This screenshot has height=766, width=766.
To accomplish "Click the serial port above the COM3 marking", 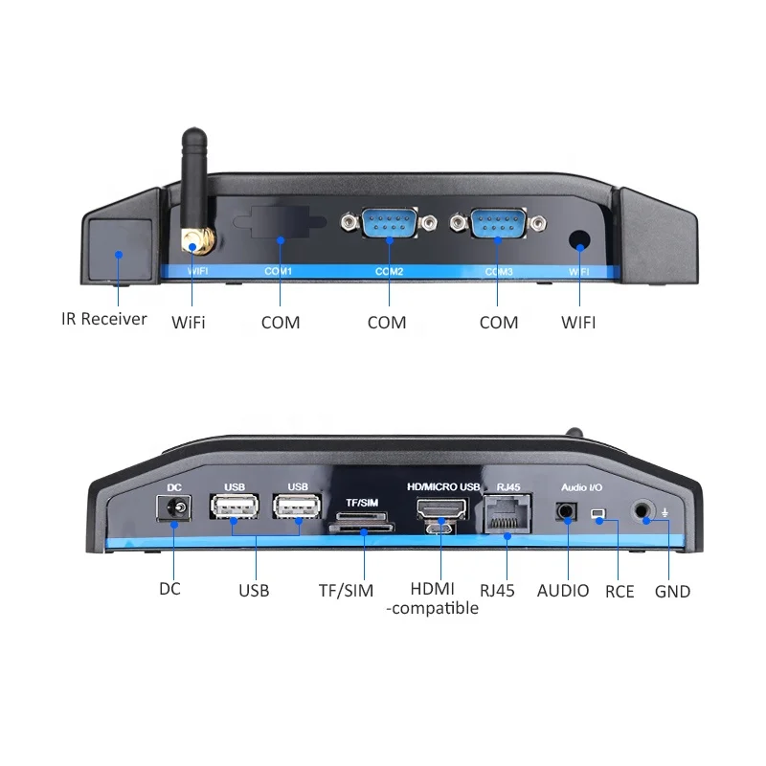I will (498, 224).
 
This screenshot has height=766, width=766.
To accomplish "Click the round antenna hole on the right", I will (579, 240).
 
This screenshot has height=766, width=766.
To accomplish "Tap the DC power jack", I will (175, 511).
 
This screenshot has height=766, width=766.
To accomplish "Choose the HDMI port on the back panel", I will (439, 508).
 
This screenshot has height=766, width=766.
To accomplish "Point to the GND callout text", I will (672, 591).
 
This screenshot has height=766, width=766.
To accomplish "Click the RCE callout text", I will (620, 591).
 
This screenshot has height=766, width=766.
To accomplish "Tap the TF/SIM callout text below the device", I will (347, 591).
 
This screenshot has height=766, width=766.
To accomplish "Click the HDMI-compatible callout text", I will (433, 599).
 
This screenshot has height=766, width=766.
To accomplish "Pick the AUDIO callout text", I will (563, 591).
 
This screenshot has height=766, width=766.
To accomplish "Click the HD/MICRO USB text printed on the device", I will (442, 487).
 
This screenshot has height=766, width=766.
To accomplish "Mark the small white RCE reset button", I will (598, 515).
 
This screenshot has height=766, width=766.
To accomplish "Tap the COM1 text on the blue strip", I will (278, 272).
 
